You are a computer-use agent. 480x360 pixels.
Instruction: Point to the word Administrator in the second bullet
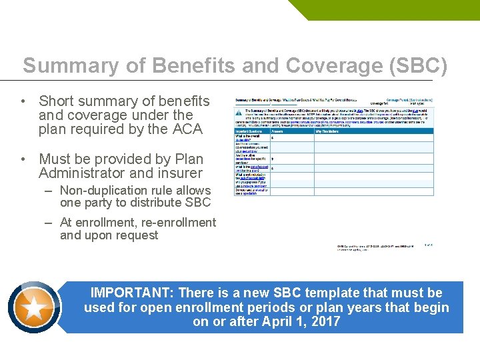pos(83,173)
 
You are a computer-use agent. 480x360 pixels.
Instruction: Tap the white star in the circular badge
pos(35,307)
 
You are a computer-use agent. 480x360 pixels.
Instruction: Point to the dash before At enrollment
pos(49,223)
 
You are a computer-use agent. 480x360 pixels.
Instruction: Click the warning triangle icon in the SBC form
pos(239,113)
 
